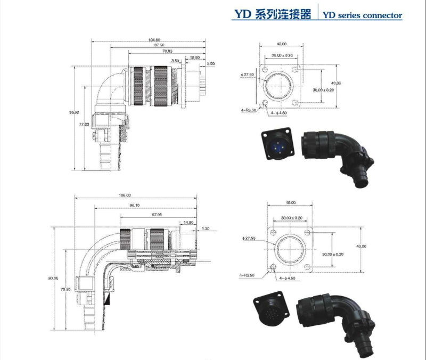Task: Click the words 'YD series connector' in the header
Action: (x=363, y=15)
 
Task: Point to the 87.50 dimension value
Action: (x=159, y=46)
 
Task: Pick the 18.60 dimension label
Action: (x=195, y=57)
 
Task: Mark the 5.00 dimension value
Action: (x=211, y=63)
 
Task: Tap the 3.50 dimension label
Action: (x=175, y=61)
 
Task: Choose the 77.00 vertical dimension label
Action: (x=84, y=124)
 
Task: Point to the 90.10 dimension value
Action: (x=134, y=206)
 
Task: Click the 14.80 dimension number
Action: (x=188, y=222)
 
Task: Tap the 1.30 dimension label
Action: (x=206, y=228)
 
